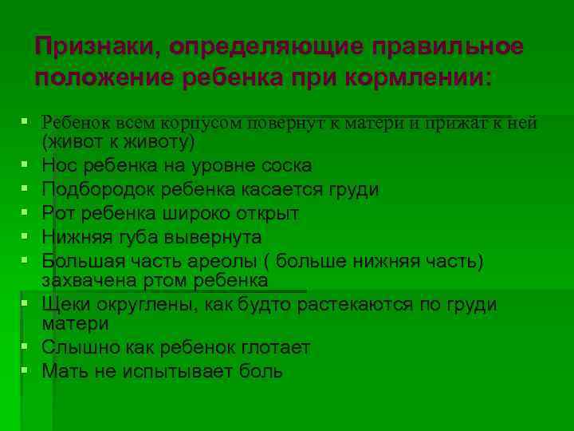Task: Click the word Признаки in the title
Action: click(89, 48)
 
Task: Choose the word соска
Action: click(285, 166)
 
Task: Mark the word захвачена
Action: click(88, 281)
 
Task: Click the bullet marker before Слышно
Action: click(26, 346)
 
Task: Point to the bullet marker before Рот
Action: click(26, 213)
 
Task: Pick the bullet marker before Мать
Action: click(26, 370)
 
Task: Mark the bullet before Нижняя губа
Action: click(26, 237)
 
